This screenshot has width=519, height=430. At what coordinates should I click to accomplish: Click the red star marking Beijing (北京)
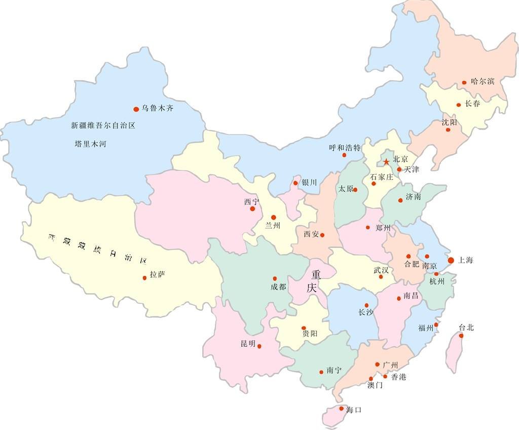(386, 162)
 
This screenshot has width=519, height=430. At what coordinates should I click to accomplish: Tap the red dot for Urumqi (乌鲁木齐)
(136, 109)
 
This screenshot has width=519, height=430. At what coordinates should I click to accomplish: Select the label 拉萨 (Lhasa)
(158, 275)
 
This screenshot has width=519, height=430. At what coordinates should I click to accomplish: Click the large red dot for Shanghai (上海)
(451, 260)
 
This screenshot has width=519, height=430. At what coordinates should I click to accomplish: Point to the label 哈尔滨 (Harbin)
(483, 81)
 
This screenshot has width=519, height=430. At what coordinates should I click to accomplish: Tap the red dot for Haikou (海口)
(342, 408)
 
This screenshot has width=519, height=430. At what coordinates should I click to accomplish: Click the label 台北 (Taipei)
(466, 327)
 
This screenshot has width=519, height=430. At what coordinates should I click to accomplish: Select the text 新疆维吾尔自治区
(103, 125)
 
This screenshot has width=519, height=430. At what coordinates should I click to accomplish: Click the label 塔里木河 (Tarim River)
(90, 144)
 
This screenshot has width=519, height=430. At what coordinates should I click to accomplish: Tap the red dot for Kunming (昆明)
(259, 346)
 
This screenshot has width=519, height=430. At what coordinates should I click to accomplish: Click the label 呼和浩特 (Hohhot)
(345, 148)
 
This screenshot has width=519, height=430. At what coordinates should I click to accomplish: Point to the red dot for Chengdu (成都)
(275, 278)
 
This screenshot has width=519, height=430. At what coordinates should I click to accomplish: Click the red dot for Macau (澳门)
(371, 378)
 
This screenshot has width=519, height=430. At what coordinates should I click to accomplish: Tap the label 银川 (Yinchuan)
(309, 182)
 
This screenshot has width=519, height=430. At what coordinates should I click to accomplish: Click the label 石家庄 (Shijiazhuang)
(382, 177)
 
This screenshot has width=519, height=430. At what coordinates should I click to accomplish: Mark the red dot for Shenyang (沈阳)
(448, 130)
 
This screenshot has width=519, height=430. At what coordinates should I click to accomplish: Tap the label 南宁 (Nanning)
(335, 371)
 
